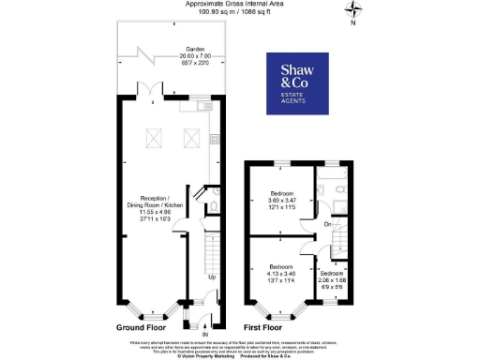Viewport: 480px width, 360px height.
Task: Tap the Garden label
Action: pos(169,52)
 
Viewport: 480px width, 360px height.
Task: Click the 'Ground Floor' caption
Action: pos(143,328)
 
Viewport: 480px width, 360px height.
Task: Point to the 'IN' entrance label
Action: pos(204,334)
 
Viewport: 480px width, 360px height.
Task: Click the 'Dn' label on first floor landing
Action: pos(326,225)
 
